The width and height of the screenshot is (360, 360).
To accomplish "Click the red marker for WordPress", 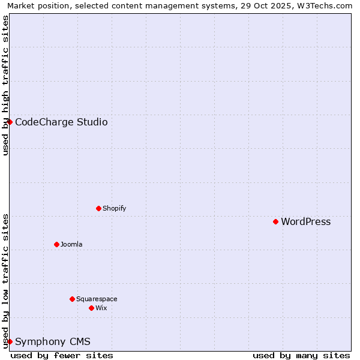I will coord(275,221).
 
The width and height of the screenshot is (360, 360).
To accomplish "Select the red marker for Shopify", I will coord(98,208).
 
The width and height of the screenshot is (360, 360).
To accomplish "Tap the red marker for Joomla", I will coord(56,244).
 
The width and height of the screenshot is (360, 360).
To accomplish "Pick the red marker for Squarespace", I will coord(72,299).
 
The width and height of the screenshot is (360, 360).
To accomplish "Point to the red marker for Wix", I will coord(91,308).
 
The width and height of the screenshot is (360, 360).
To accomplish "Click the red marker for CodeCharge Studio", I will coord(10,122).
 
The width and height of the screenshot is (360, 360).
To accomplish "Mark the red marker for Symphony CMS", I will coord(10,341).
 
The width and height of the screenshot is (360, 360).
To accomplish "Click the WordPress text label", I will coord(305,222).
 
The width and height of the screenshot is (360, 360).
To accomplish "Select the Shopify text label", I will coord(114,209).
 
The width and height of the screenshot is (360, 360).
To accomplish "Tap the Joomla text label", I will coord(71,245).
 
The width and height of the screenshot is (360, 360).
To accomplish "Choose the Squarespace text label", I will coord(97,299).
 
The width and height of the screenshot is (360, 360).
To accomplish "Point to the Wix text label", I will coord(101,308).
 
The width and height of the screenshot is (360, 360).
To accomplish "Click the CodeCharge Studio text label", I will coord(61,122).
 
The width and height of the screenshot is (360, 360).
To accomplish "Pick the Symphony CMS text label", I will coord(53,342).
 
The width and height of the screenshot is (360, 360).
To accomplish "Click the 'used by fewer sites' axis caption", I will coord(62,355).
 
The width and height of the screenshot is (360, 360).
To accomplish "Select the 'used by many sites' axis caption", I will coord(301,355).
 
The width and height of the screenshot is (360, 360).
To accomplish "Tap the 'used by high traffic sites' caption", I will coord(5,85).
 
